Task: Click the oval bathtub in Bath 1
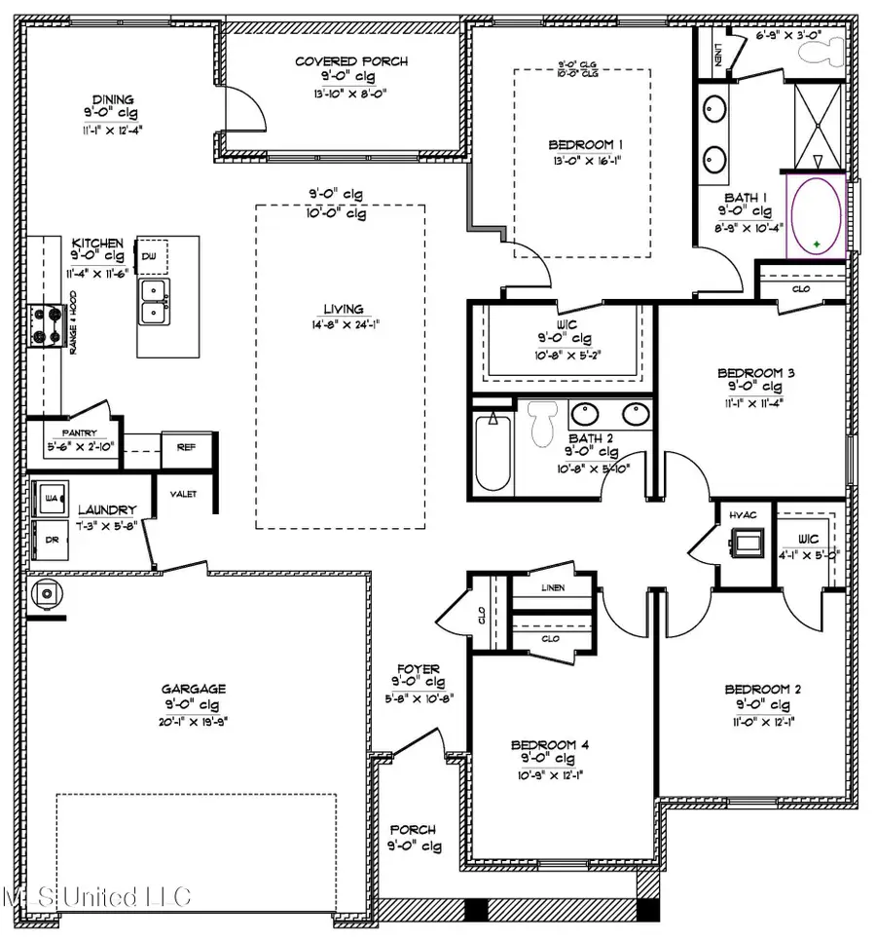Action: (x=817, y=215)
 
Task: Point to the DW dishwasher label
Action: (x=149, y=254)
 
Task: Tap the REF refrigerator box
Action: (x=186, y=448)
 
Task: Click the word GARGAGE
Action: (x=195, y=687)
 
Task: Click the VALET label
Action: (x=184, y=494)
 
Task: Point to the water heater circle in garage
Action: (x=45, y=595)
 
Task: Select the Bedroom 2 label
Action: (x=762, y=690)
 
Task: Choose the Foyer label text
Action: (x=416, y=669)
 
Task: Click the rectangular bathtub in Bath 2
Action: (x=493, y=452)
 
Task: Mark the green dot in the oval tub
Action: (x=818, y=243)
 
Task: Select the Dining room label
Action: (x=113, y=99)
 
